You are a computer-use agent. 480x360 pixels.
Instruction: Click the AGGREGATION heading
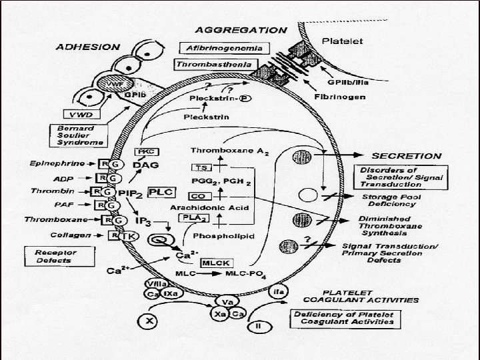[x=241, y=30]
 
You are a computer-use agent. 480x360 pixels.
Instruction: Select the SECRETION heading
[x=407, y=155]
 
